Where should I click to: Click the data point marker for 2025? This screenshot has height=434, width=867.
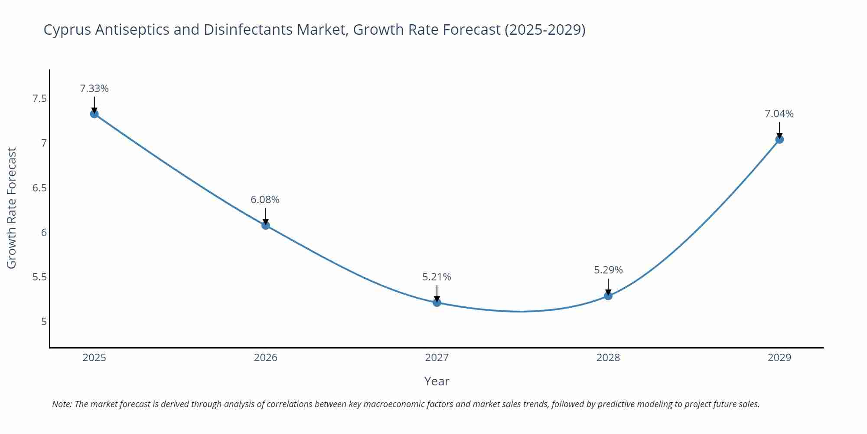pyautogui.click(x=95, y=114)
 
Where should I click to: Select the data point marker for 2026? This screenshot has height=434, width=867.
pyautogui.click(x=266, y=225)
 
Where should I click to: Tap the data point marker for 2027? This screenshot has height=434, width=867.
pyautogui.click(x=437, y=302)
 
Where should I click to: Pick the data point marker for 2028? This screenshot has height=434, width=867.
pyautogui.click(x=608, y=296)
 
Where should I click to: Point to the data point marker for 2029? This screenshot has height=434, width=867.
pyautogui.click(x=779, y=139)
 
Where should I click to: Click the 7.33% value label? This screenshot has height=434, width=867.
pyautogui.click(x=94, y=89)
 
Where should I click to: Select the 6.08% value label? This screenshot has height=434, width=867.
pyautogui.click(x=265, y=200)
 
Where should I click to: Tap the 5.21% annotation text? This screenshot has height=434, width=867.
pyautogui.click(x=437, y=277)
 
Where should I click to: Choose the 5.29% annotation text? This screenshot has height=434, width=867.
pyautogui.click(x=608, y=270)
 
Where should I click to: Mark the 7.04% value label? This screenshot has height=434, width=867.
pyautogui.click(x=779, y=114)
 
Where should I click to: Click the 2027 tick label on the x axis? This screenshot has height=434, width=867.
pyautogui.click(x=437, y=358)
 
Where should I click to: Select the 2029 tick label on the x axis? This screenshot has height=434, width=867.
pyautogui.click(x=779, y=358)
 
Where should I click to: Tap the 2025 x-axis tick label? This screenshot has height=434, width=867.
pyautogui.click(x=95, y=358)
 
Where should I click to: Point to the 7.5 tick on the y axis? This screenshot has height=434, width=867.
pyautogui.click(x=39, y=99)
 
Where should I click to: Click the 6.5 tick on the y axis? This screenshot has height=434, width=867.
pyautogui.click(x=39, y=188)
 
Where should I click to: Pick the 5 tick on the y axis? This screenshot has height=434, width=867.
pyautogui.click(x=44, y=322)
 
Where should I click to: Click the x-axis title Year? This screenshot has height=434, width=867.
pyautogui.click(x=437, y=381)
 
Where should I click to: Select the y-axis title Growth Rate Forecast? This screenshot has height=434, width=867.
pyautogui.click(x=12, y=208)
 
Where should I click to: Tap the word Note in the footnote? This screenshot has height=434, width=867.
pyautogui.click(x=62, y=404)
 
